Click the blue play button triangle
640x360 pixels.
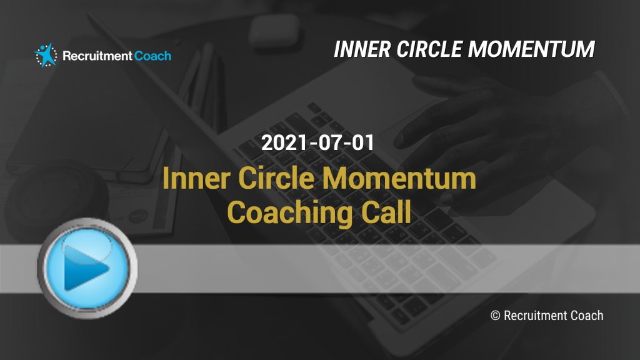point(85,267)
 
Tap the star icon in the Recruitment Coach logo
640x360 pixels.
point(46,55)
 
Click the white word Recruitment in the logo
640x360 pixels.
point(97,56)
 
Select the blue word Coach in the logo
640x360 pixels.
point(152,56)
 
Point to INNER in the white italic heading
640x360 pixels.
point(362,49)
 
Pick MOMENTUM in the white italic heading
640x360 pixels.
point(531,49)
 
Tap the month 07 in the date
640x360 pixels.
point(330,143)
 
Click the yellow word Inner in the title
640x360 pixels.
point(196,178)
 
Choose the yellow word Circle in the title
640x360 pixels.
point(276,178)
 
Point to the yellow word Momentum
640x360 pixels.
point(399,178)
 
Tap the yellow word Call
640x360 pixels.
point(386,212)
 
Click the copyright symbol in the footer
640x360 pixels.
point(495,316)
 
